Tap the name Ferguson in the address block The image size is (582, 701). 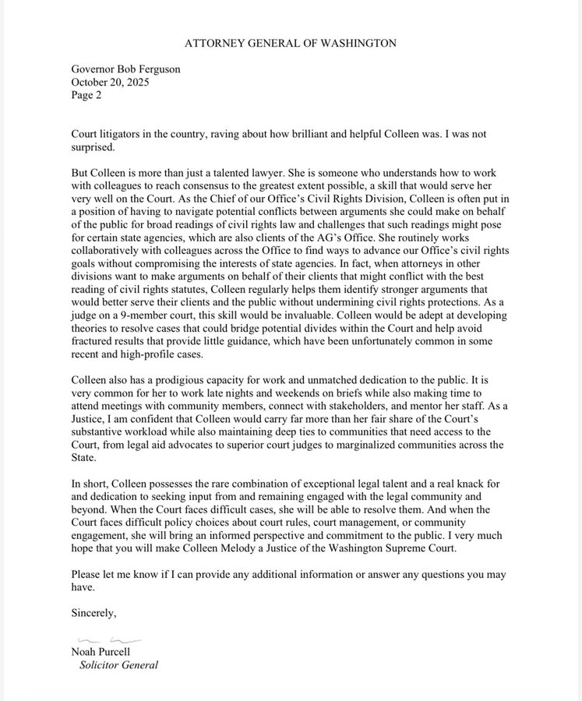coord(156,69)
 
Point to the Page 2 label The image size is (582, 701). coord(86,95)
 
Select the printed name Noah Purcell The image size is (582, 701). coord(102,653)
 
